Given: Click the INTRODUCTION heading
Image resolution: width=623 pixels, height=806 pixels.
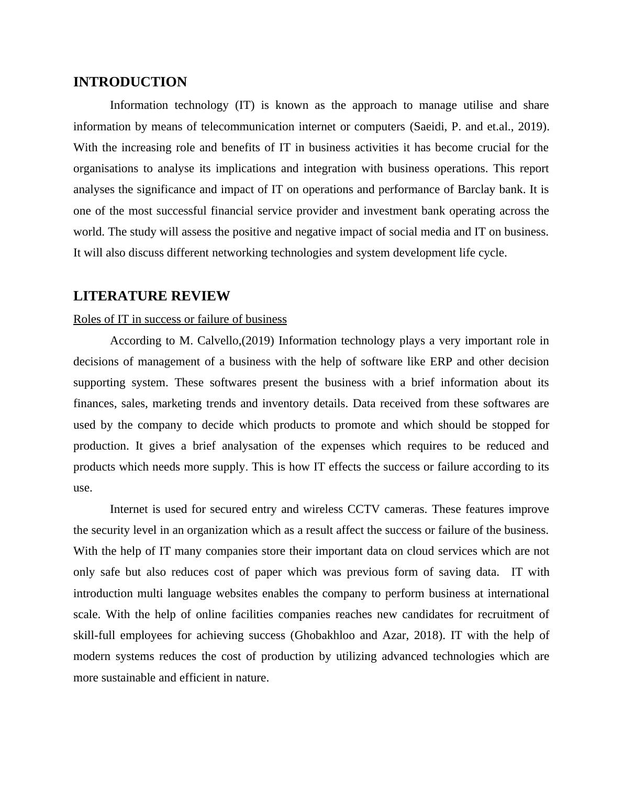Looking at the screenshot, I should (x=130, y=82).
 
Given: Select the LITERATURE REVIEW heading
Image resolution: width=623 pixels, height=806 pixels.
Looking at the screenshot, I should (x=151, y=296).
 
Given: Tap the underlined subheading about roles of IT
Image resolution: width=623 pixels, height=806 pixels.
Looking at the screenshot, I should (x=180, y=319).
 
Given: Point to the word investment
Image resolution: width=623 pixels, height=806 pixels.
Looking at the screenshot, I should (x=388, y=211).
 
